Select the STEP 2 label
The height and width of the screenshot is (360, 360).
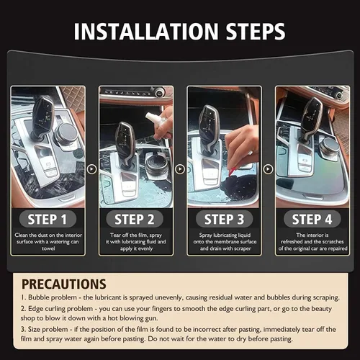[135, 219]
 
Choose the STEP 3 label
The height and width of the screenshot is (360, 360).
[223, 219]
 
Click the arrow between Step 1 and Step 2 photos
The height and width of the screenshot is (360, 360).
[91, 169]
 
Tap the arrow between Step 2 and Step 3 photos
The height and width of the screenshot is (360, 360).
[179, 169]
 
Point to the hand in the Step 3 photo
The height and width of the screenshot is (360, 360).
[241, 140]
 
